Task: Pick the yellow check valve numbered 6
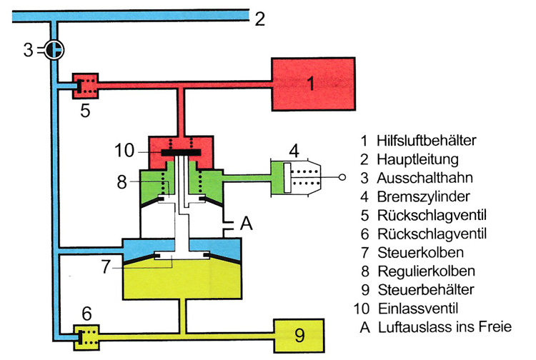pos(88,334)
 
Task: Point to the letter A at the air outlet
pos(247,224)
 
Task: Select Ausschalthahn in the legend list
pos(425,178)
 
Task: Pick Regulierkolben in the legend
pos(426,271)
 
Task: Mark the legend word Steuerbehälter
pos(425,290)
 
